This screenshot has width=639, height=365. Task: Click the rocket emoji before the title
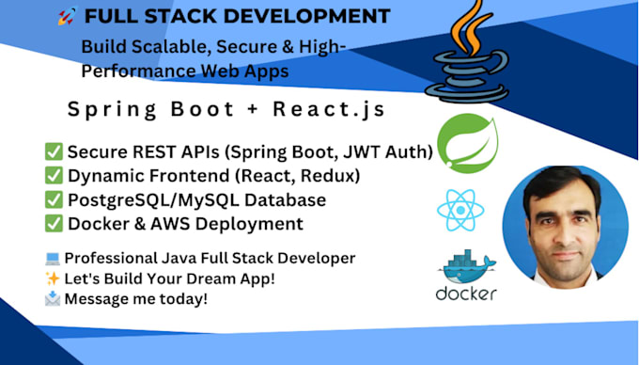67,16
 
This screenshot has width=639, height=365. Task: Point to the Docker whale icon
466,268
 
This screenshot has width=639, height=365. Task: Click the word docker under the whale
466,294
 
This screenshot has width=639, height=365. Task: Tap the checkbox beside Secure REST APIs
55,151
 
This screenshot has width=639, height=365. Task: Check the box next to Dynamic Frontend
55,176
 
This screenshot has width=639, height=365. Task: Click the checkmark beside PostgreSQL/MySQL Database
55,200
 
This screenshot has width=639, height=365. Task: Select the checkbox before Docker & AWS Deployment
55,224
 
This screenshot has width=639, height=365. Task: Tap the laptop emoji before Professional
53,257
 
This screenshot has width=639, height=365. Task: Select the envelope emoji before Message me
53,298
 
